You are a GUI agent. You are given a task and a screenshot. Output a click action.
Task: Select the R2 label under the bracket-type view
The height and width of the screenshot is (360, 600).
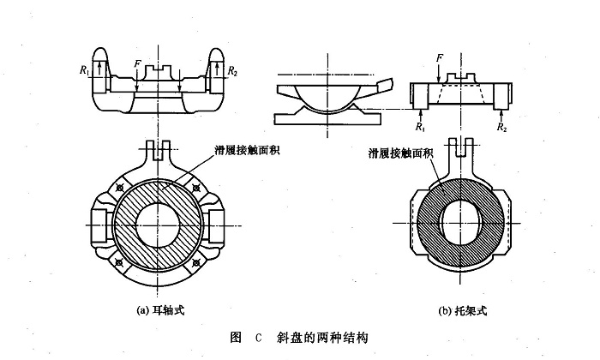tap(502, 126)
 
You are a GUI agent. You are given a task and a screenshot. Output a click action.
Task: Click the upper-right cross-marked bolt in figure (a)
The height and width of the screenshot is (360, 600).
tap(197, 186)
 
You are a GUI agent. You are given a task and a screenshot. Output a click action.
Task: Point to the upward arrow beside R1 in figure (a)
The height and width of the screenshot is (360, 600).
tap(100, 71)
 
